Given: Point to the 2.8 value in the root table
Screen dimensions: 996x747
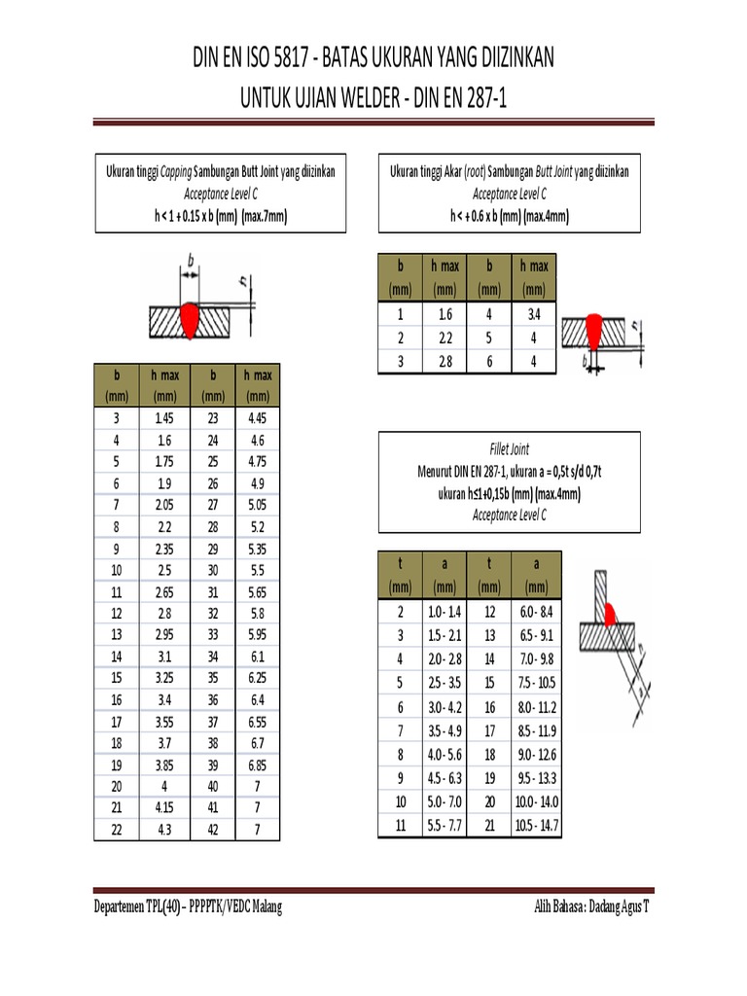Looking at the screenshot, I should coord(445,362).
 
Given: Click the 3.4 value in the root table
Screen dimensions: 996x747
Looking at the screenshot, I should coord(533,315).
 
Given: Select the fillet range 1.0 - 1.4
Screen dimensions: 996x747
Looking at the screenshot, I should coord(445,611).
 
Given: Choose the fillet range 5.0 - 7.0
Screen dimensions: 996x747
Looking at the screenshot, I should coord(445,802).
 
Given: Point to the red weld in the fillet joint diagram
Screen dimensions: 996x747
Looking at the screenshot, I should coord(612,614).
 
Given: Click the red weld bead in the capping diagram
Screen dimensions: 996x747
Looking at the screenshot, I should coord(190,319).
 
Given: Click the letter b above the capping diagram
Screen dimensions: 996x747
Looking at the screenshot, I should coord(191,261).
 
